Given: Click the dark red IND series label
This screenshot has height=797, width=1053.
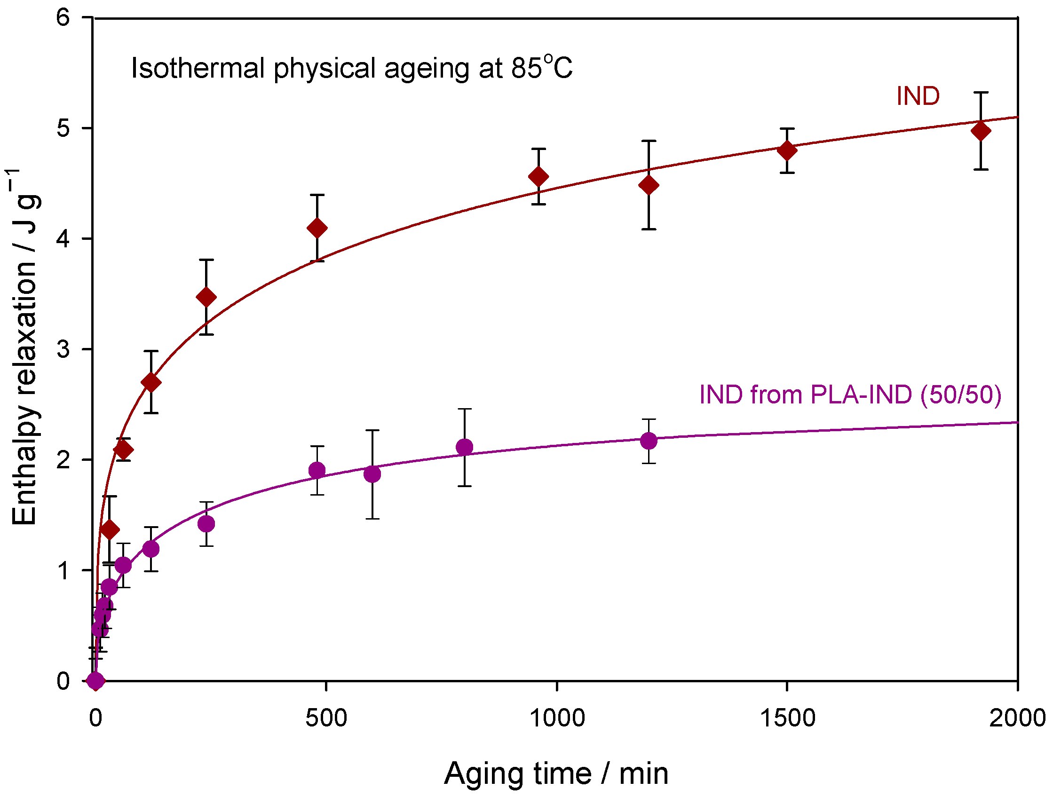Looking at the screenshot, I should pos(918,96).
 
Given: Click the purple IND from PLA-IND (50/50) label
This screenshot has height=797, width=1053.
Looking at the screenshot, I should pos(850,395).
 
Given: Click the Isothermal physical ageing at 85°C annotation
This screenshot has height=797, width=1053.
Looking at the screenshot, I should pos(351,68).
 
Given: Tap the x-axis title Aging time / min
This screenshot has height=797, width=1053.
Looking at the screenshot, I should pos(555,773).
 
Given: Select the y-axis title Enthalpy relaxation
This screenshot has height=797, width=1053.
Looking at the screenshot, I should pos(24,347).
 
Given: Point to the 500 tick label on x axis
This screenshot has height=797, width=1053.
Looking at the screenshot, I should pos(326,718).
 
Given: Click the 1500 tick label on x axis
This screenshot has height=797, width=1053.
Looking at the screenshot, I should pos(787,718).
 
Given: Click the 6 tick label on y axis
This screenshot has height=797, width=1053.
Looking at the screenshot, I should pos(63,17).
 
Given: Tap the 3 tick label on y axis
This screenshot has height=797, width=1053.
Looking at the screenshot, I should pos(63,349).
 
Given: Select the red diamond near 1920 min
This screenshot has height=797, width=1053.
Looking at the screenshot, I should pos(981,131).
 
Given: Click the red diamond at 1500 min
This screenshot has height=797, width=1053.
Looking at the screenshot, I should pos(787,151).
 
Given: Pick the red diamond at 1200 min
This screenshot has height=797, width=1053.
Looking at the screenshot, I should pos(649,185).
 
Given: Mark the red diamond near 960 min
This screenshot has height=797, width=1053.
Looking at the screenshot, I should pos(538,176).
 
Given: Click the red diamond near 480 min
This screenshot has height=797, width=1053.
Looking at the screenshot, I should pos(317,229).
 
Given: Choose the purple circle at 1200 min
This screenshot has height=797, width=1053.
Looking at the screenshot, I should pos(649,441).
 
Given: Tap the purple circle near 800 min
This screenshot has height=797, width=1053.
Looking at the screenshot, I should pos(464,447).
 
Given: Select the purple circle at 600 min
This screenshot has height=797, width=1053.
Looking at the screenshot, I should pos(372,474).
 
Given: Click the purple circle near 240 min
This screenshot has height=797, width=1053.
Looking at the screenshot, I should pos(206,524).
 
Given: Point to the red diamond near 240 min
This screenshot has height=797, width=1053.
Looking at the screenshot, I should pos(206,297).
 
